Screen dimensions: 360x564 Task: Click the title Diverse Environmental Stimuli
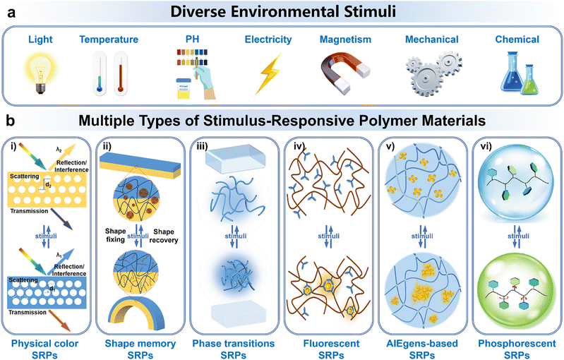click(282, 11)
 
